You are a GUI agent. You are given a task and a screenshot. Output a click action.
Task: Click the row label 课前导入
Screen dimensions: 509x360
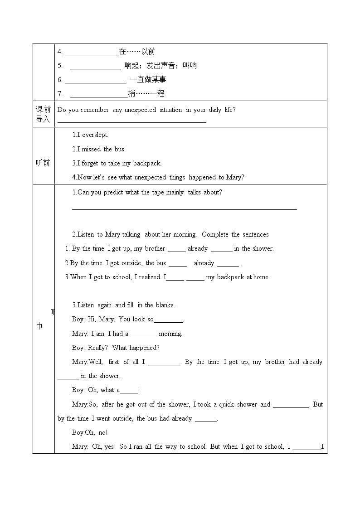(x=43, y=114)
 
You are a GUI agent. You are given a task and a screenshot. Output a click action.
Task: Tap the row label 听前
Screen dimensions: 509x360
(x=43, y=163)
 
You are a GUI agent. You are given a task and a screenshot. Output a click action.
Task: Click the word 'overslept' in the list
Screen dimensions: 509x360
(x=95, y=135)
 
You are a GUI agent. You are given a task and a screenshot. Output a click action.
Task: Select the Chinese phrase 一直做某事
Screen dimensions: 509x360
(x=148, y=80)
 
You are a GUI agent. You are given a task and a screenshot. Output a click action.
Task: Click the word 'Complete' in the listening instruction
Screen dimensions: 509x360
(x=215, y=234)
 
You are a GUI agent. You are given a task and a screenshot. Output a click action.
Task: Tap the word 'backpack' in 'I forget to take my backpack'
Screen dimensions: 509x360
(x=147, y=164)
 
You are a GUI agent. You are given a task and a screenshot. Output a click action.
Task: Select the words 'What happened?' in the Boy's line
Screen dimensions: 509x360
(x=136, y=348)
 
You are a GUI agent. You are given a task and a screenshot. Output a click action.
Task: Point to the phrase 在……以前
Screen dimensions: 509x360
(x=137, y=52)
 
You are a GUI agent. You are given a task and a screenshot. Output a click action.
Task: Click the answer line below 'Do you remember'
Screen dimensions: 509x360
(x=132, y=122)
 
